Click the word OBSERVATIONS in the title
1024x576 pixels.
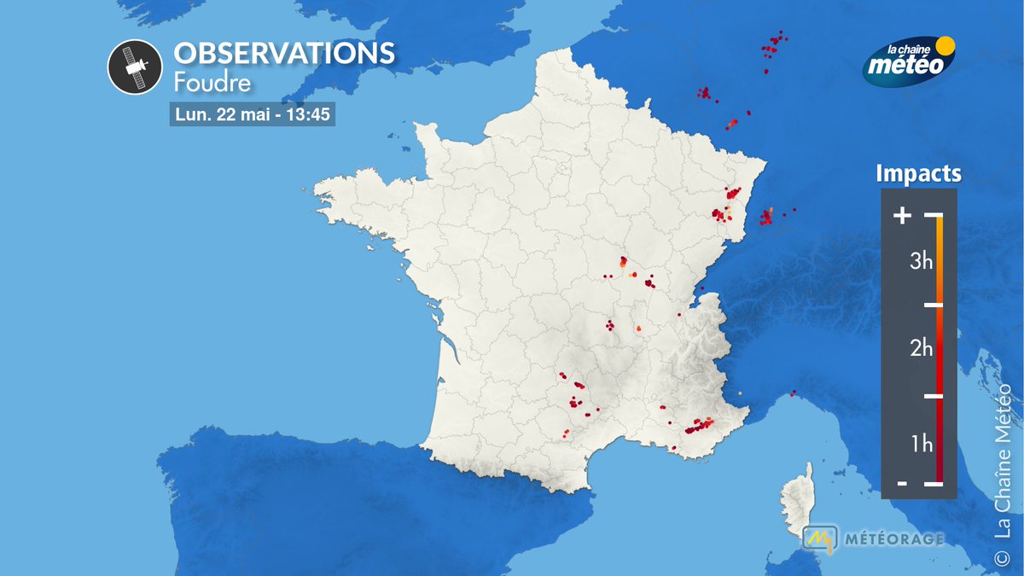284,54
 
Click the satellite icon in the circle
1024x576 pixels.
135,67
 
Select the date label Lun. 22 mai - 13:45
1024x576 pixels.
253,114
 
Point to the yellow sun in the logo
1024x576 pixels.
945,45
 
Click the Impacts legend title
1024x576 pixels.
918,174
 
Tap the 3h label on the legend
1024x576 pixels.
921,262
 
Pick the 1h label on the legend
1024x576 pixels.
921,444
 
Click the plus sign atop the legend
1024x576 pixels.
901,216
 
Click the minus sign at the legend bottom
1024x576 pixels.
901,484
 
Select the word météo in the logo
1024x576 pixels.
908,65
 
